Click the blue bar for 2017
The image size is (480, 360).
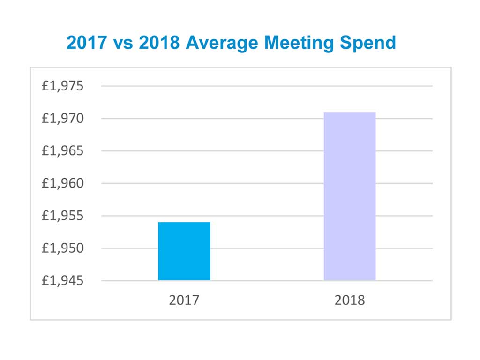tap(184, 251)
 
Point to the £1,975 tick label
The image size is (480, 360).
tap(62, 86)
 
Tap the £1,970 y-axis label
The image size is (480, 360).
tap(62, 119)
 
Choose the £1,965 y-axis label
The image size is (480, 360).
tap(62, 151)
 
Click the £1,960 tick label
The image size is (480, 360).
tap(62, 183)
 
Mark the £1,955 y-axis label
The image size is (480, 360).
tap(62, 216)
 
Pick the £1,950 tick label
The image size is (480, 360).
tap(62, 248)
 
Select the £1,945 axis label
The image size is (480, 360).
tap(62, 281)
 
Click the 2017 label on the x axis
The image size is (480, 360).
tap(184, 300)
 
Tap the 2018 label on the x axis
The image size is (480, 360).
tap(350, 300)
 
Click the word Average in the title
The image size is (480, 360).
tap(221, 43)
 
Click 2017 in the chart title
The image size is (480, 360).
tap(87, 43)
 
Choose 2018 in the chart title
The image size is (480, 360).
tap(159, 43)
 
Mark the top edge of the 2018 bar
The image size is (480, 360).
tap(350, 112)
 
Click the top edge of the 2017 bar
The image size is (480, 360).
tap(184, 222)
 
